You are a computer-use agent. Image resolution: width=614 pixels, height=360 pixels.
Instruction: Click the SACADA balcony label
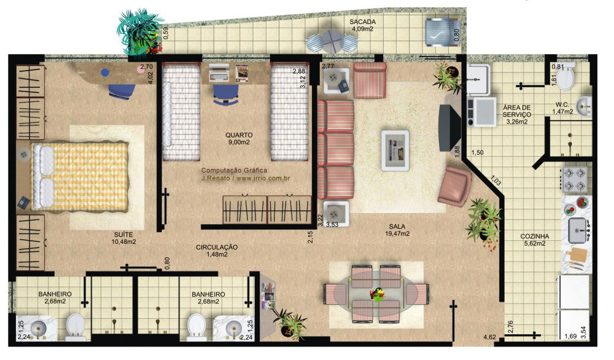click(363, 22)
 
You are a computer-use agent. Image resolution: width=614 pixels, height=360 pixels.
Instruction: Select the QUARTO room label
click(239, 135)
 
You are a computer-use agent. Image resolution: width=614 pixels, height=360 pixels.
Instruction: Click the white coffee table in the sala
click(395, 151)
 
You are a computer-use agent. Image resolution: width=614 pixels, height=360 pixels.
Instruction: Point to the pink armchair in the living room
click(454, 186)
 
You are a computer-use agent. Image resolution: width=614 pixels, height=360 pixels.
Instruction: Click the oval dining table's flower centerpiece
click(378, 294)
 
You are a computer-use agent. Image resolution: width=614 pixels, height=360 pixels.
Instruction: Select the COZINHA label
click(535, 237)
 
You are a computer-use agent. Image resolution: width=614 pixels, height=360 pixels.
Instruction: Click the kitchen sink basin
click(578, 230)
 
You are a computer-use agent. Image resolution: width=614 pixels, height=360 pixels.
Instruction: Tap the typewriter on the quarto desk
click(218, 73)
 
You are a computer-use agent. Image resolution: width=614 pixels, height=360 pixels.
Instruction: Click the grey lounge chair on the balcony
click(443, 32)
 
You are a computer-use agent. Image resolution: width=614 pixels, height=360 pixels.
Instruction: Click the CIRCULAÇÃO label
click(217, 247)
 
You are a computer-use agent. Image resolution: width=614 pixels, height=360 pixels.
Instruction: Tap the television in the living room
click(449, 128)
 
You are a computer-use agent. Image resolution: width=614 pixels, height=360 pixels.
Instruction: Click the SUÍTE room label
click(123, 235)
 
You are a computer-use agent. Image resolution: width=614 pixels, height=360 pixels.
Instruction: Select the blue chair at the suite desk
click(122, 92)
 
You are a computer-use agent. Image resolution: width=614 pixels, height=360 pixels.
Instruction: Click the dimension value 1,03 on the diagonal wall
click(495, 181)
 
